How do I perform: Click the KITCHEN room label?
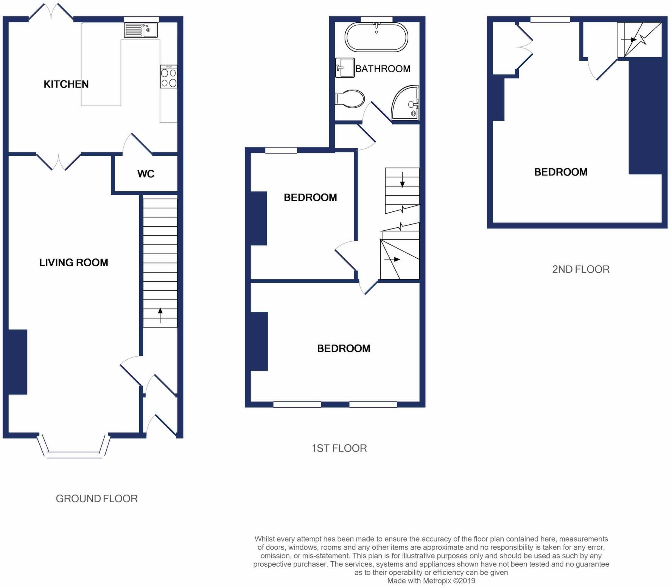[66, 84]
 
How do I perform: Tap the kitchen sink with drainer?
[141, 30]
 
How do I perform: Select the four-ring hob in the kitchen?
[168, 77]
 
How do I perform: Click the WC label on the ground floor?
[146, 174]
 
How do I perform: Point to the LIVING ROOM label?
[74, 262]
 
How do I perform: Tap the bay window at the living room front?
[74, 448]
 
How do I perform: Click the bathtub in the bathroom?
[376, 37]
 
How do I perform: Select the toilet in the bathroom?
[350, 99]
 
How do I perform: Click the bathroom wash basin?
[345, 68]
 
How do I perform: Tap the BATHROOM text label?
[383, 69]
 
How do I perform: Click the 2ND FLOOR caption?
[581, 269]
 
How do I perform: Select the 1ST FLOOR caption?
[339, 448]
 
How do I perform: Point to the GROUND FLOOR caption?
[96, 498]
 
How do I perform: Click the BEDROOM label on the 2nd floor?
[561, 172]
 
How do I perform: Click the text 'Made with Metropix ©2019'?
[431, 581]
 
